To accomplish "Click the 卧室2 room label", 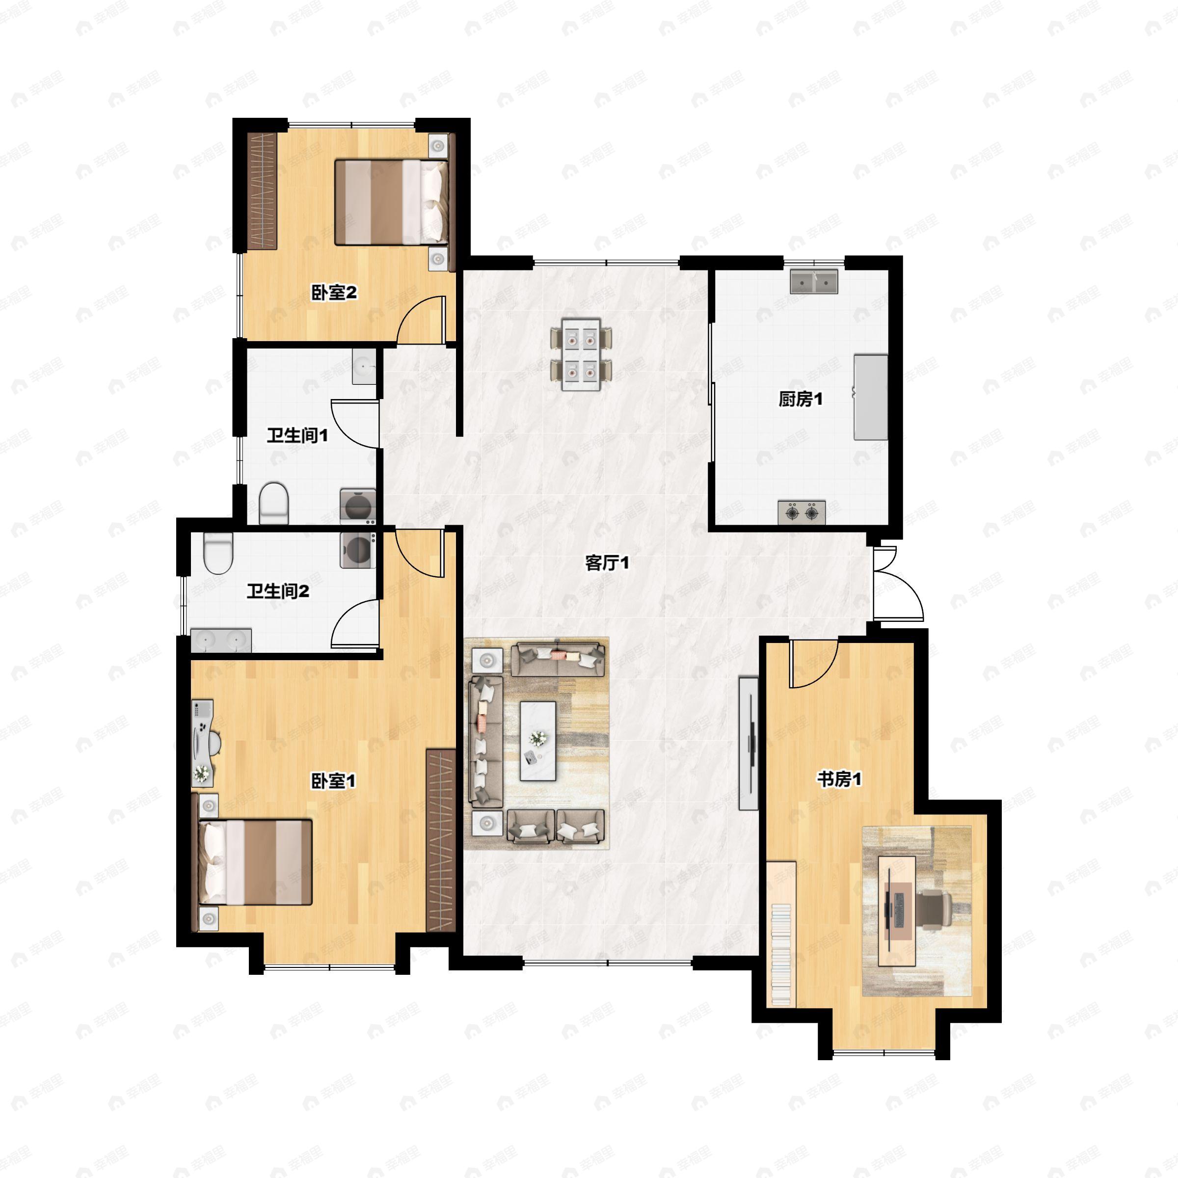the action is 334,293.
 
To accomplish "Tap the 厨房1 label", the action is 801,400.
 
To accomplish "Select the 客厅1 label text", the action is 607,563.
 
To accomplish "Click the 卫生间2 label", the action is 277,591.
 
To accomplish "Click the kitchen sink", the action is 814,282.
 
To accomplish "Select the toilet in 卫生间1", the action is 273,503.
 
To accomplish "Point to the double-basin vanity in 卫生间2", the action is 221,640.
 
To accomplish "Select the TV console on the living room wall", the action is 749,743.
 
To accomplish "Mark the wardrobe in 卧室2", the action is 262,190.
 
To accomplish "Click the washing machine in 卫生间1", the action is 357,506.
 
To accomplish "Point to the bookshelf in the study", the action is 782,934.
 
